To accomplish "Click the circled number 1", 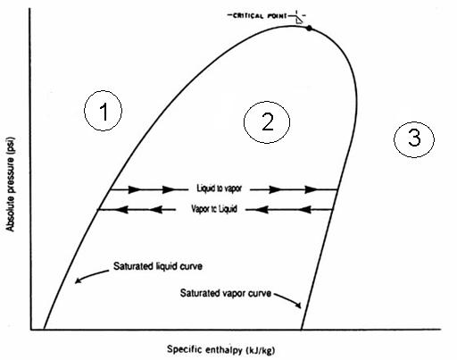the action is [103, 111].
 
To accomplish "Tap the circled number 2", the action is [267, 122].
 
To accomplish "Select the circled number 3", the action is [414, 139].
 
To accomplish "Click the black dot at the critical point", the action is [309, 29].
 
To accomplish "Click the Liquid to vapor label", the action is [220, 188].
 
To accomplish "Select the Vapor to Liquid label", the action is [214, 209].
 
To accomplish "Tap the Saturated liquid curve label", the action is [158, 266].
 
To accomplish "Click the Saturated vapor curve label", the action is [226, 293].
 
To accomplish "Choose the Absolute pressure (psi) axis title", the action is [10, 184].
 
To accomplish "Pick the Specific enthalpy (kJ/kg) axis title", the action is [220, 349].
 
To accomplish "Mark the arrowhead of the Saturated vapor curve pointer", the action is [298, 306].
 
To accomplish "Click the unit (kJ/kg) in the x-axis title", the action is [261, 350].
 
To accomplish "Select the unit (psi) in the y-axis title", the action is [10, 146].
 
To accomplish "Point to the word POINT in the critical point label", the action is [278, 15].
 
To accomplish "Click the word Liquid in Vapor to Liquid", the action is [228, 209].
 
